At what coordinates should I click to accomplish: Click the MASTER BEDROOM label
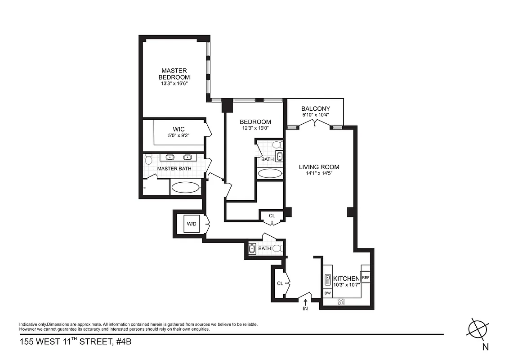174,74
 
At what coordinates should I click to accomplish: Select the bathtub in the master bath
186,187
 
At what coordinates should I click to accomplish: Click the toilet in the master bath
148,158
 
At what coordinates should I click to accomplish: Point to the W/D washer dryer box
192,224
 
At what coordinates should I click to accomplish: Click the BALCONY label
316,108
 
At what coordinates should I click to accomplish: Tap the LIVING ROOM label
319,167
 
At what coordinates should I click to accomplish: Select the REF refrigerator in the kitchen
365,278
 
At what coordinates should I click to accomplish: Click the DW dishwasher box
328,293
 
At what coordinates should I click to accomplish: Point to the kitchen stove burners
341,302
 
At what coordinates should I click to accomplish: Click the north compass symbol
478,329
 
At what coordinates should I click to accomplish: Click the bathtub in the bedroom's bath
270,174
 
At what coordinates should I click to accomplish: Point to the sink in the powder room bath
252,248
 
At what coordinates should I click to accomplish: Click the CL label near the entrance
280,283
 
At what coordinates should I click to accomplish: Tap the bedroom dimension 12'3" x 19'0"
255,128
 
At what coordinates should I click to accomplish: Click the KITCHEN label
346,279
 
